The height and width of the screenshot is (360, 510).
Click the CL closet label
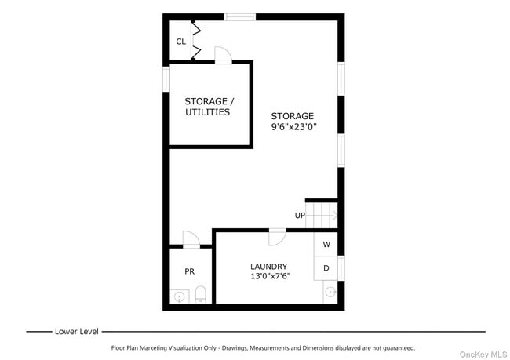coord(180,42)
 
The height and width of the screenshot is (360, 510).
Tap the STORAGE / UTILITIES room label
coord(208,107)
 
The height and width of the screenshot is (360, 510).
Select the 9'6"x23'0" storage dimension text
coord(294,127)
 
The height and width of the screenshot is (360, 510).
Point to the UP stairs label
coord(300,216)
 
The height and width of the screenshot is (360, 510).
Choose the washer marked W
coord(326,245)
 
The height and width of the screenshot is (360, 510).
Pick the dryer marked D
coord(326,268)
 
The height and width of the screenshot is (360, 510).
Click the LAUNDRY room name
coord(268,267)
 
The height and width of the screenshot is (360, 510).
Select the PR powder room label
coord(189,271)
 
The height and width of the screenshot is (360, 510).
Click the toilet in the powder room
coord(200,295)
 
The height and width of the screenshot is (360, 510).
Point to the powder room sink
coord(180,296)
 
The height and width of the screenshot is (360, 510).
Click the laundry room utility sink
coord(330,293)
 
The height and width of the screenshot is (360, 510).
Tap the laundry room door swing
coord(277,236)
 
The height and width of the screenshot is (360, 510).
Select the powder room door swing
coord(191,238)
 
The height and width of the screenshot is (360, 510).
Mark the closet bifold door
coord(196,40)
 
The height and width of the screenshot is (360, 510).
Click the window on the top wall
coord(239,16)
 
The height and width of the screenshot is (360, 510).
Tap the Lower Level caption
coord(76,331)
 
